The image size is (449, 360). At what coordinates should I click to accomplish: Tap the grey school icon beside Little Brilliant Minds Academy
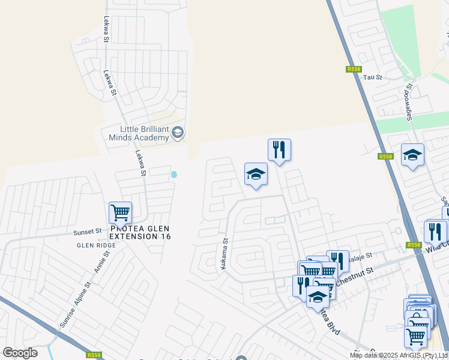click(x=178, y=132)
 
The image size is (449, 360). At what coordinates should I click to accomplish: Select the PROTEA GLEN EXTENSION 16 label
click(x=140, y=233)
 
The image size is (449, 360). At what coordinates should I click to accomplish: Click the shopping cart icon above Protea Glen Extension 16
click(x=121, y=212)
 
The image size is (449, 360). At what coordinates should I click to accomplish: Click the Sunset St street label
click(x=88, y=231)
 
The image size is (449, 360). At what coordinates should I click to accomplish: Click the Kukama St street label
click(x=224, y=254)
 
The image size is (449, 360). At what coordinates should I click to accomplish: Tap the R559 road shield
click(x=94, y=355)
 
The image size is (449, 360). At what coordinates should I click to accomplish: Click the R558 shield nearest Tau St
click(x=354, y=70)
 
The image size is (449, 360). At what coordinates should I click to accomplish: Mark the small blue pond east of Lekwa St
click(x=174, y=175)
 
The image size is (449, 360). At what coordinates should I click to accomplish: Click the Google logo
click(x=20, y=353)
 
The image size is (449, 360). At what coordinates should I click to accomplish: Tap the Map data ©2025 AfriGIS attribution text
click(x=399, y=355)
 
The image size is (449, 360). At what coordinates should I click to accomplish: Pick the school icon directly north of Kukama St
click(x=256, y=174)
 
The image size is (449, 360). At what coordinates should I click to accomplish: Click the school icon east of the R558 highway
click(x=412, y=155)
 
